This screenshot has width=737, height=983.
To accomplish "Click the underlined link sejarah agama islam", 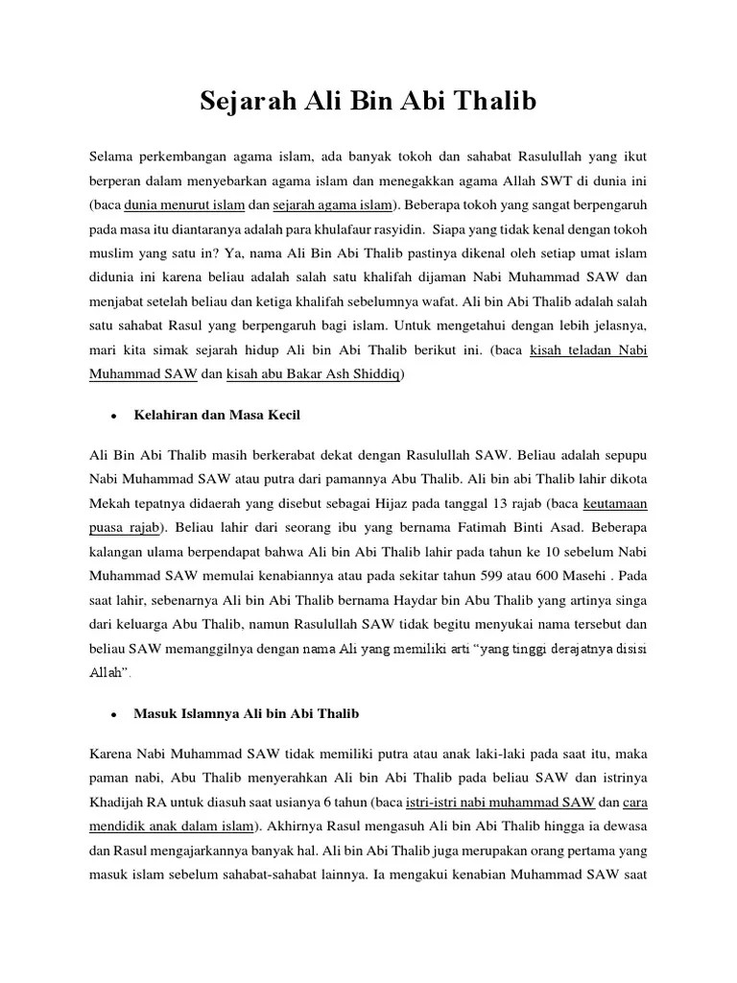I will coord(332,204).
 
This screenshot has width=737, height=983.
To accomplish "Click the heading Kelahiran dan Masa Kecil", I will coord(223,415).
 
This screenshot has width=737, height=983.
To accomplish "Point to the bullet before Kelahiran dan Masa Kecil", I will coord(113,416).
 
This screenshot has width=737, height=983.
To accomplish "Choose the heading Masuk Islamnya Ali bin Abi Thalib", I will coord(247,714).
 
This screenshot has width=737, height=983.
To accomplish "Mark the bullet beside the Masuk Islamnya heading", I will coord(113,715).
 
